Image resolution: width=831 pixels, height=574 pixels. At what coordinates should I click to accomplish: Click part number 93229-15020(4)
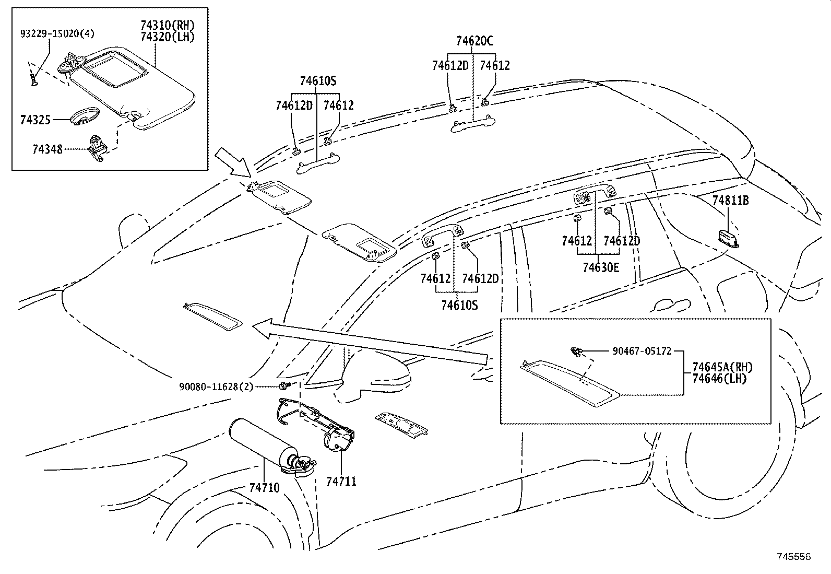pyautogui.click(x=57, y=33)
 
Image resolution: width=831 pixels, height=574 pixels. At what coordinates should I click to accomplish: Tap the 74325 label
pyautogui.click(x=35, y=120)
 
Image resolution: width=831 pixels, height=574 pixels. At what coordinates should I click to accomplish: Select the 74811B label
pyautogui.click(x=731, y=201)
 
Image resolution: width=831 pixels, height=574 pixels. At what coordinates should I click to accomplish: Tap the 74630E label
pyautogui.click(x=601, y=267)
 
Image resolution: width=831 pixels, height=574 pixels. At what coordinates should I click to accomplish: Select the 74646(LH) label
pyautogui.click(x=719, y=379)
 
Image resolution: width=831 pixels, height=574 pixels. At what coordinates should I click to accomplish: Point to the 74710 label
pyautogui.click(x=264, y=488)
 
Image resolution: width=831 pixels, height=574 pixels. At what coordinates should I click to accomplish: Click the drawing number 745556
pyautogui.click(x=794, y=557)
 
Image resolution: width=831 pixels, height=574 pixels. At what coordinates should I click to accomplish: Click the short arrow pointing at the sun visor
pyautogui.click(x=233, y=162)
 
